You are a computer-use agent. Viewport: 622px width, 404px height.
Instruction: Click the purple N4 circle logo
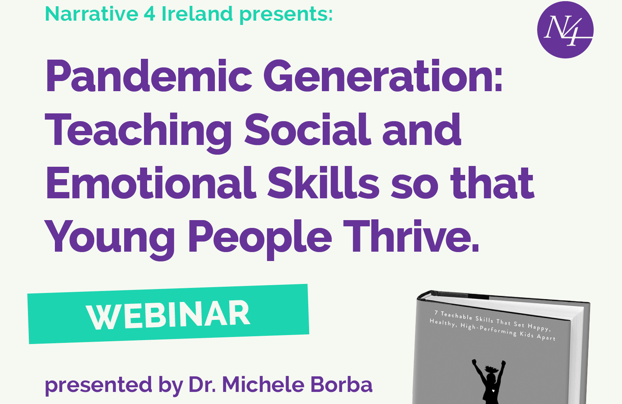pos(565,30)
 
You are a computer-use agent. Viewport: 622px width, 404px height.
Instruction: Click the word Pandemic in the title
pos(149,76)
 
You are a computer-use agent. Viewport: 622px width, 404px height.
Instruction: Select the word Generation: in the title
pos(383,76)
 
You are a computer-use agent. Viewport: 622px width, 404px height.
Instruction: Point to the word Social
pos(307,129)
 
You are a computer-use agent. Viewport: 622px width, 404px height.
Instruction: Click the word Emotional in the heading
pos(151,183)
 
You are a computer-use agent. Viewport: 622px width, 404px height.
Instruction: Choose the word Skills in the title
pos(323,183)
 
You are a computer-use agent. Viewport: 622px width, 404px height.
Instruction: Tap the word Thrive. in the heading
pos(411,236)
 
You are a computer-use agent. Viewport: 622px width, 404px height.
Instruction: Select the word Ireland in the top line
pos(197,14)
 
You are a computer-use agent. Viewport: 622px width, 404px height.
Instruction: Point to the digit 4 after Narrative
pos(149,14)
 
